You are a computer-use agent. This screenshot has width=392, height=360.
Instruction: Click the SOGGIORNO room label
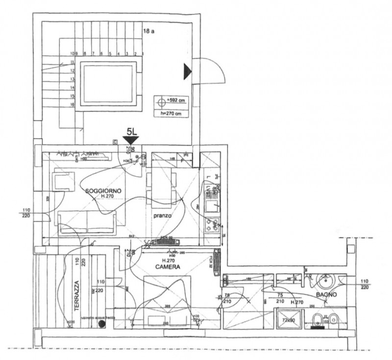(x=103, y=190)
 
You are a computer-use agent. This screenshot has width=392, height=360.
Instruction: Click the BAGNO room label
(x=325, y=295)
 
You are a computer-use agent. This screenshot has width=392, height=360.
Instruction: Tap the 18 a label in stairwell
(x=148, y=31)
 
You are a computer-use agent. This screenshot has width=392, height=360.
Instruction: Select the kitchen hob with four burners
(x=212, y=226)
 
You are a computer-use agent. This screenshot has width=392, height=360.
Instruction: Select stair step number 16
(x=72, y=105)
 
